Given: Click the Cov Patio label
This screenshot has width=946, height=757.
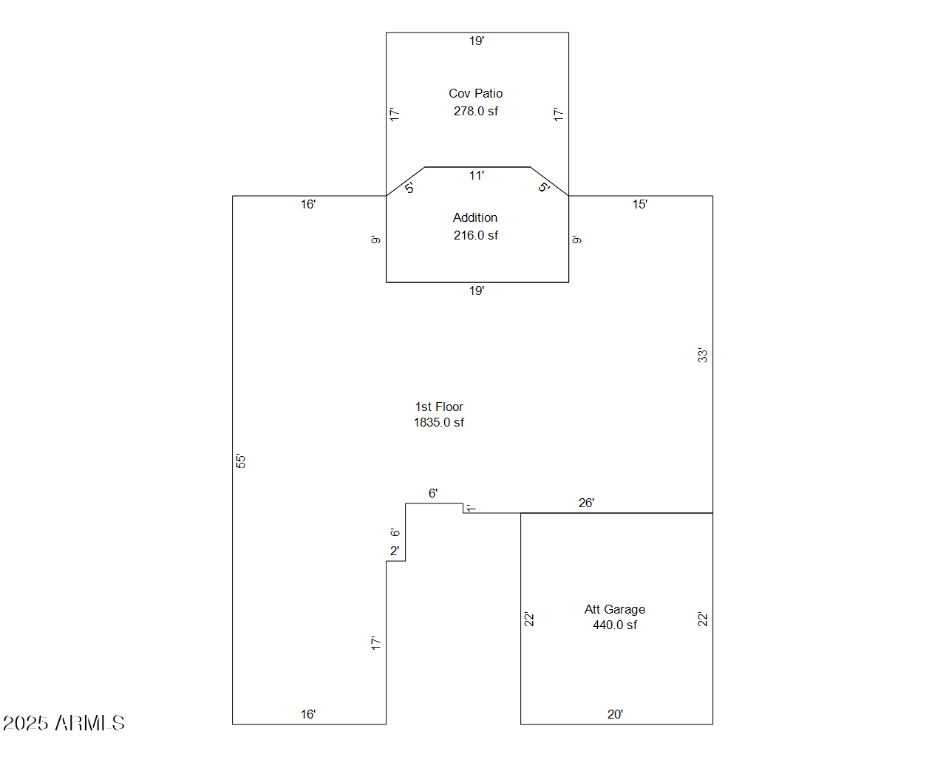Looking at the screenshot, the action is (x=475, y=93).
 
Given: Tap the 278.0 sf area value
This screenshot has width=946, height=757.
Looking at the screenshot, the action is (x=476, y=111).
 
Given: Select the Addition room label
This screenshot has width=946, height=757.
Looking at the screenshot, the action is (x=474, y=217).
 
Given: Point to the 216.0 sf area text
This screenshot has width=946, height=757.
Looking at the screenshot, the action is (x=476, y=235).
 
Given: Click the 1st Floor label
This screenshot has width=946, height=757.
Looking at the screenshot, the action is (x=439, y=407).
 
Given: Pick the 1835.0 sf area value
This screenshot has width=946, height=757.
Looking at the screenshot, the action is (x=439, y=422).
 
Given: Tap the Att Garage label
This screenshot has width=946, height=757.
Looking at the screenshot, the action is (x=615, y=610).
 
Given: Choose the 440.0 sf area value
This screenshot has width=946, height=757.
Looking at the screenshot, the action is (x=615, y=625).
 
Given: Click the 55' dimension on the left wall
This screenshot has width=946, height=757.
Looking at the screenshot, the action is (x=240, y=461).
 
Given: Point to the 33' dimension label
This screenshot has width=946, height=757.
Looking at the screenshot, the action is (x=702, y=356).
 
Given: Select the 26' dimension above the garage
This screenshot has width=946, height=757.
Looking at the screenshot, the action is (x=586, y=503).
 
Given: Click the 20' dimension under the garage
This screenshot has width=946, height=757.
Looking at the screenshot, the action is (x=615, y=714).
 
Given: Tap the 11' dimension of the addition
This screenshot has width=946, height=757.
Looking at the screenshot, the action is (x=477, y=175).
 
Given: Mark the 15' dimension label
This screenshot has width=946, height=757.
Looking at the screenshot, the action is (x=639, y=204).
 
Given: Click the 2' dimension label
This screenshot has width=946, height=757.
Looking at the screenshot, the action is (x=395, y=551).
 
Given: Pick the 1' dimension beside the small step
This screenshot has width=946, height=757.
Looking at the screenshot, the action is (x=470, y=509).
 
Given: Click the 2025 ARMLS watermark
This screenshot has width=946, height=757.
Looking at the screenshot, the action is (x=64, y=723).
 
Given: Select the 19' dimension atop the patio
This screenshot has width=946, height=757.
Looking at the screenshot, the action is (x=477, y=41).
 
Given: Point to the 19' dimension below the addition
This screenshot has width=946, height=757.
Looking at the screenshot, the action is (x=477, y=291).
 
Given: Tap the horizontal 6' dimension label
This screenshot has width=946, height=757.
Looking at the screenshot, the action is (x=433, y=493).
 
